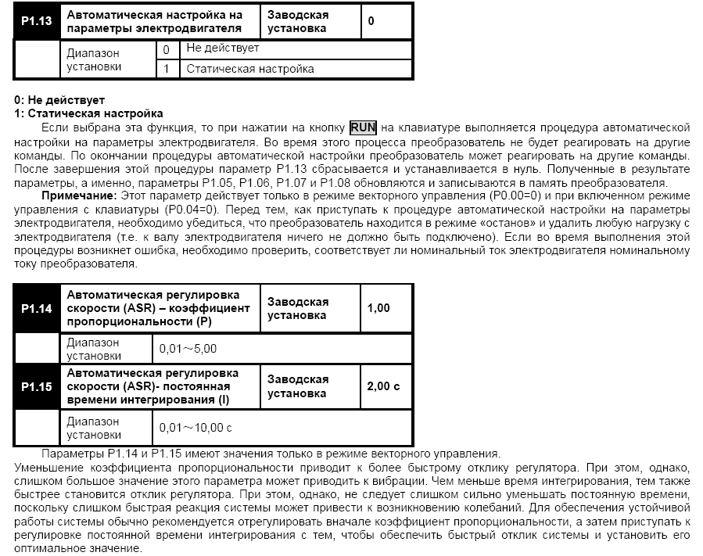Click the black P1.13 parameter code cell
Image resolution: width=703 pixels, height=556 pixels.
(36, 21)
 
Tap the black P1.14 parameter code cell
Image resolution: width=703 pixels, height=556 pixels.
(36, 308)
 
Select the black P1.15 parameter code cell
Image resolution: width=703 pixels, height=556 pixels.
(36, 386)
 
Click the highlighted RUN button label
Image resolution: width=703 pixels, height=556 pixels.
(363, 127)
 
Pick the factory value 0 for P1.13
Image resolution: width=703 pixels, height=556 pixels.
(371, 21)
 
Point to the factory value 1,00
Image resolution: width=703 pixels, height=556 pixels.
(378, 308)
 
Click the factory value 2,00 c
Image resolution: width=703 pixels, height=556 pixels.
(383, 386)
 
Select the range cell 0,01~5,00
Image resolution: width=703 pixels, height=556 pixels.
(188, 349)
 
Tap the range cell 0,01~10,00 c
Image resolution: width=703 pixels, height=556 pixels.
(195, 428)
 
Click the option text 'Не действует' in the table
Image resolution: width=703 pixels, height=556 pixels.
(222, 48)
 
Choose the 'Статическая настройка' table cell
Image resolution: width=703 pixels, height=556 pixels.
(250, 69)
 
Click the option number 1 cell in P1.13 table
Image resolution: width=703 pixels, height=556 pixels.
(166, 69)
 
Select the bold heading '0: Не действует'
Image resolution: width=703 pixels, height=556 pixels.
(59, 101)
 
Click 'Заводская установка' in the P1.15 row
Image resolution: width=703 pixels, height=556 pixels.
(298, 386)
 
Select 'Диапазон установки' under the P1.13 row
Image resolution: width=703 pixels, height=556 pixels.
(95, 60)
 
